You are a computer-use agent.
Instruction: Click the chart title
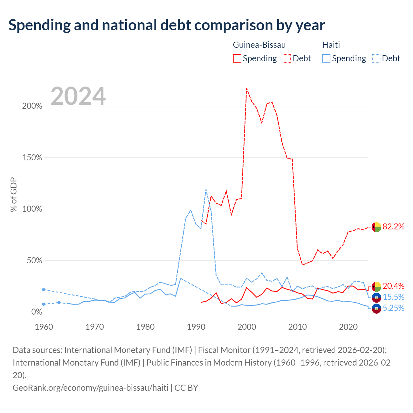(x=166, y=25)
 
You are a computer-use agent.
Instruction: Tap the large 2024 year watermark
(x=78, y=96)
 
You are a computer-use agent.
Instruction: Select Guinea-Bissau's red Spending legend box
(x=237, y=58)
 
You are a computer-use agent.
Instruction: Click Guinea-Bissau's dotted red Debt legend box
(x=287, y=58)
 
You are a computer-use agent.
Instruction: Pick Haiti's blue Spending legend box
(x=326, y=58)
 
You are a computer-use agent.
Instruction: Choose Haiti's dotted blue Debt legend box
(x=376, y=58)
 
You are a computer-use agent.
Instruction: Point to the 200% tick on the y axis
(x=32, y=106)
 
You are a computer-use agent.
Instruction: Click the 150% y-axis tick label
(x=32, y=157)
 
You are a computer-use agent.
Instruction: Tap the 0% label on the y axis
(x=37, y=312)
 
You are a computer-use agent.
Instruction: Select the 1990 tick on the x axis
(x=196, y=327)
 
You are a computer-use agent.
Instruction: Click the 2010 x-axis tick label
(x=297, y=327)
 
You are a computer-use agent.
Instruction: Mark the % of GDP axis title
(x=14, y=194)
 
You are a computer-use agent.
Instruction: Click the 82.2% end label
(x=393, y=227)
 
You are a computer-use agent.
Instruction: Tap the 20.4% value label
(x=393, y=286)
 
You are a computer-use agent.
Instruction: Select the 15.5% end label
(x=393, y=297)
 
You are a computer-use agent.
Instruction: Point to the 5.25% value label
(x=393, y=308)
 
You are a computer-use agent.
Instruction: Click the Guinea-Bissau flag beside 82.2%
(x=376, y=227)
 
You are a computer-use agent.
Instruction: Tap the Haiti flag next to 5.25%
(x=376, y=309)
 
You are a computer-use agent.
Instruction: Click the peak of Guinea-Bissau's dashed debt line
(x=247, y=88)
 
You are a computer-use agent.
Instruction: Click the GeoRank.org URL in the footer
(x=90, y=388)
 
